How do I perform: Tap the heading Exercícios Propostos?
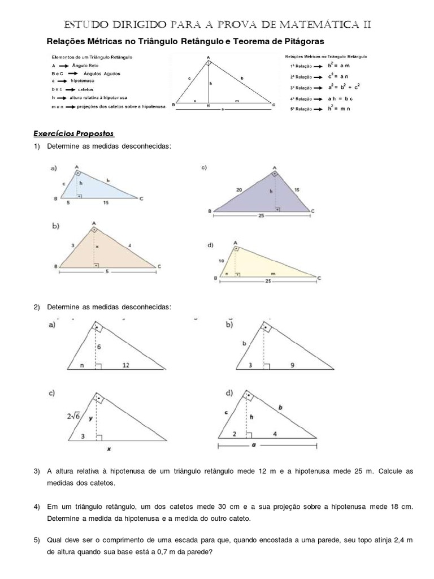click(73, 133)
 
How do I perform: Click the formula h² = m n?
click(339, 108)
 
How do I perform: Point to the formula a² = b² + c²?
click(344, 88)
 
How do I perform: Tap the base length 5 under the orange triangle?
click(107, 272)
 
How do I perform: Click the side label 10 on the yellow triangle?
click(220, 260)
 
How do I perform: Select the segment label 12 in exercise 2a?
click(125, 366)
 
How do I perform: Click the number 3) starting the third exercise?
click(37, 471)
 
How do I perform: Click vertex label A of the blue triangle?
click(76, 167)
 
